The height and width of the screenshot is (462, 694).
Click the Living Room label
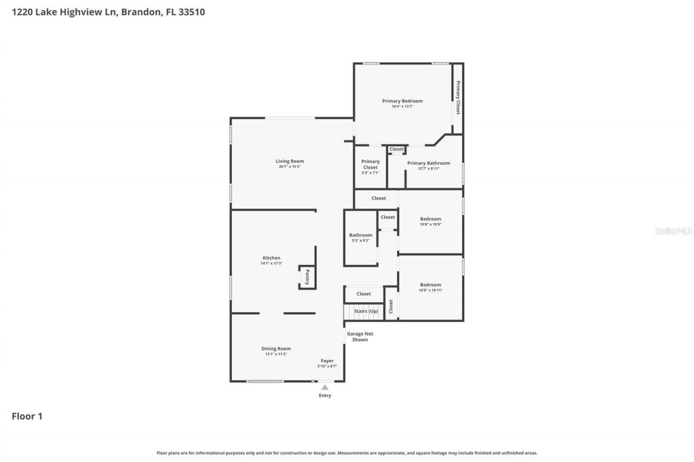pyautogui.click(x=290, y=161)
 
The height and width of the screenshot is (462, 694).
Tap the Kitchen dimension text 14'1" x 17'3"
pyautogui.click(x=272, y=264)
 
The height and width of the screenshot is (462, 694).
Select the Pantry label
pyautogui.click(x=307, y=277)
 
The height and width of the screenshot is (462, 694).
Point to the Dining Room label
pyautogui.click(x=276, y=349)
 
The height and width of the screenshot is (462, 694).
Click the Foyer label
pyautogui.click(x=327, y=361)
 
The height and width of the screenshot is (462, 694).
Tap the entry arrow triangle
pyautogui.click(x=325, y=387)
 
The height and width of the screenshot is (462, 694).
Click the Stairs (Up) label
pyautogui.click(x=366, y=311)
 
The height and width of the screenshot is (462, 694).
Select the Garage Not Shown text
pyautogui.click(x=360, y=337)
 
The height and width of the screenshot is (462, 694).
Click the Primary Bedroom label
pyautogui.click(x=402, y=101)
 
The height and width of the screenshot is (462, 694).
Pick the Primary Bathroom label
pyautogui.click(x=428, y=163)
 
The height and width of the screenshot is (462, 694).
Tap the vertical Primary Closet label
pyautogui.click(x=458, y=97)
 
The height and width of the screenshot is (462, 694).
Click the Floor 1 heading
pyautogui.click(x=27, y=417)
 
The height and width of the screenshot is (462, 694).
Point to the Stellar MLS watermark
pyautogui.click(x=673, y=231)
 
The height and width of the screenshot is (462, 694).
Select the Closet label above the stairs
pyautogui.click(x=364, y=294)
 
